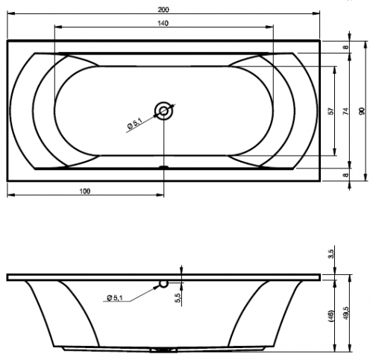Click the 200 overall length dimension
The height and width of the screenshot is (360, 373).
tap(163, 10)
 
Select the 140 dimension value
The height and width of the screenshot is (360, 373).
tap(163, 23)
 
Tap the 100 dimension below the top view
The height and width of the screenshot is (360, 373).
tap(85, 191)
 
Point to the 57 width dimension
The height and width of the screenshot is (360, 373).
tap(330, 111)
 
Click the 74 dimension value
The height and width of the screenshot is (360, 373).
tap(346, 111)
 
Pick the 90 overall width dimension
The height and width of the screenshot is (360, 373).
tap(362, 111)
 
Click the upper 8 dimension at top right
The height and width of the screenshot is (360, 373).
tap(346, 46)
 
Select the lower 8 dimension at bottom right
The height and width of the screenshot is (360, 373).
tap(346, 175)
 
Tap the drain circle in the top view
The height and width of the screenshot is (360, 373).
tap(163, 110)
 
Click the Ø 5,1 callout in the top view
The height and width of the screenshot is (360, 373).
tap(134, 124)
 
